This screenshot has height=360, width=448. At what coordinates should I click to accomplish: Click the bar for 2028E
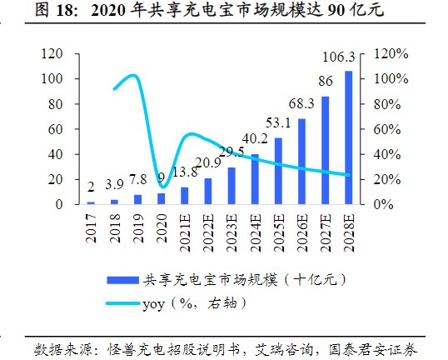[347, 137]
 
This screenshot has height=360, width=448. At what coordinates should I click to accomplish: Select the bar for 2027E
[325, 150]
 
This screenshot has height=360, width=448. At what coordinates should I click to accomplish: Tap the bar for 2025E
[277, 171]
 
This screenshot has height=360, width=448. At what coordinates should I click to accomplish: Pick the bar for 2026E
[301, 161]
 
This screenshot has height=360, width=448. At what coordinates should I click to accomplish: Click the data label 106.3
[339, 57]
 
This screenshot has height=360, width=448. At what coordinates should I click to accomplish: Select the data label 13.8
[184, 171]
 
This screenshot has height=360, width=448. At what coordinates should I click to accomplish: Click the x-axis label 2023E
[231, 232]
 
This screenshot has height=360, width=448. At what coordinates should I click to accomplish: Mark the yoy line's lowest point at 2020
[163, 186]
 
